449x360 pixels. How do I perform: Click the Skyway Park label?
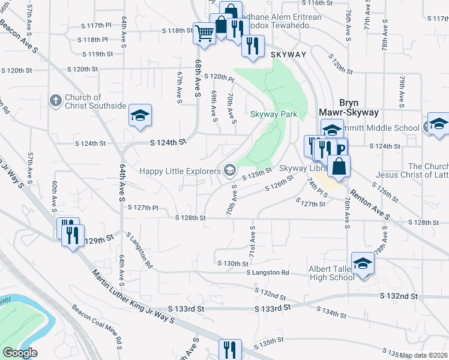click(274, 114)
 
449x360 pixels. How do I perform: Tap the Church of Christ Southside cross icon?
click(55, 100)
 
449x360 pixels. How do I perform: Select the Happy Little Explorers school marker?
click(229, 172)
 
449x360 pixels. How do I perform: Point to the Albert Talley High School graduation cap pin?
click(363, 264)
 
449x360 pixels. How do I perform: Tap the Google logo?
click(20, 353)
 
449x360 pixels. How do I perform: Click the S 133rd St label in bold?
click(272, 307)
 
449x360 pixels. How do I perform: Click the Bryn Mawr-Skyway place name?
click(349, 107)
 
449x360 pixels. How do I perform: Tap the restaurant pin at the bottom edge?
click(230, 349)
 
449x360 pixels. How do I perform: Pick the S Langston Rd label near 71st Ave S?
click(267, 272)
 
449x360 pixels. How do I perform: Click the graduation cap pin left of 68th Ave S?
click(140, 115)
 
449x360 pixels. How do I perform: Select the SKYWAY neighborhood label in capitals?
click(289, 55)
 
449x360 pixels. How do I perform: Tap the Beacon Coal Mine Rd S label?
click(97, 326)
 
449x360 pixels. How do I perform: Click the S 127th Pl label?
click(142, 208)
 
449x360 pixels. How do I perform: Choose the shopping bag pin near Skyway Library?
click(339, 167)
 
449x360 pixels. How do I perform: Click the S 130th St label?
click(233, 263)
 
